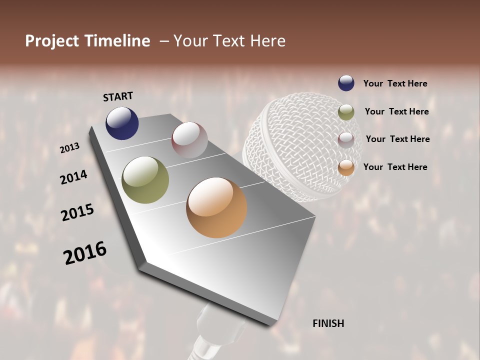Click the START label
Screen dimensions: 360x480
pyautogui.click(x=118, y=96)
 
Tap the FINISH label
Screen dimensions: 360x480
pyautogui.click(x=328, y=323)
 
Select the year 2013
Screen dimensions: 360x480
pyautogui.click(x=69, y=147)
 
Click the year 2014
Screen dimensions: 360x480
pyautogui.click(x=73, y=177)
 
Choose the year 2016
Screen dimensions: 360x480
pyautogui.click(x=85, y=252)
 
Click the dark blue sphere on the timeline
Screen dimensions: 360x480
pyautogui.click(x=122, y=123)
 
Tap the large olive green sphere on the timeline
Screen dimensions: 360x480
pyautogui.click(x=145, y=180)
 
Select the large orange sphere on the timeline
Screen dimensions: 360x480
pyautogui.click(x=216, y=207)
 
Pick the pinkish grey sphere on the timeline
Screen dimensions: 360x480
pyautogui.click(x=189, y=139)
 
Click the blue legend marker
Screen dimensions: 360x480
pyautogui.click(x=346, y=83)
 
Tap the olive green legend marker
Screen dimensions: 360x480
pyautogui.click(x=346, y=112)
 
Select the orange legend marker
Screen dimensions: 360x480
pyautogui.click(x=346, y=167)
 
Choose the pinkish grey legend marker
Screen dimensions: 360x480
pyautogui.click(x=346, y=139)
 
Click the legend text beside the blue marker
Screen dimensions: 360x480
pyautogui.click(x=395, y=83)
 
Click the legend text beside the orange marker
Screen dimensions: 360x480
pyautogui.click(x=395, y=167)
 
